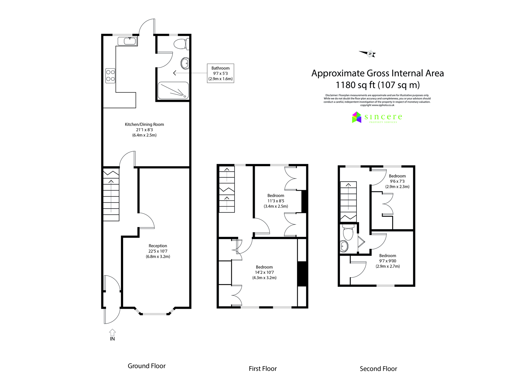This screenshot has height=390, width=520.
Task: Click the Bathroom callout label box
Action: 220,73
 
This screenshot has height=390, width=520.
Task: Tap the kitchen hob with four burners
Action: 110,75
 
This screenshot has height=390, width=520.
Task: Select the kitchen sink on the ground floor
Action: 127,41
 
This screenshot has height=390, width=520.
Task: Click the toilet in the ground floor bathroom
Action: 181,44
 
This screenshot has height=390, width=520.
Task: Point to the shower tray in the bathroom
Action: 173,90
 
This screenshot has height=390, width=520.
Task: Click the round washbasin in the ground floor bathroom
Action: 185,63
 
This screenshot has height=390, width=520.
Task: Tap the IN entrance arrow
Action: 112,334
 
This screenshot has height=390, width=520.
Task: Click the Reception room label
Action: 158,251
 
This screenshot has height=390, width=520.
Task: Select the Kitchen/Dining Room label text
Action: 144,130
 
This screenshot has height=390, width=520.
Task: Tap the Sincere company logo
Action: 377,117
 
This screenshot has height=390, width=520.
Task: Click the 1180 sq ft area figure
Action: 377,85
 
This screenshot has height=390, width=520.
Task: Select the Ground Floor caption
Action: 147,366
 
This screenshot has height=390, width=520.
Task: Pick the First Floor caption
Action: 263,369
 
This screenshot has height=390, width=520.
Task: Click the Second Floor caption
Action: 378,369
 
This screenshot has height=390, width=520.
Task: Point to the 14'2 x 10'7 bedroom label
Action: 264,273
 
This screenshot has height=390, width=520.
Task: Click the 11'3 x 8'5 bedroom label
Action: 276,201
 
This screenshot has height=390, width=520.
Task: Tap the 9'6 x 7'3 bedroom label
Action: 397,181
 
